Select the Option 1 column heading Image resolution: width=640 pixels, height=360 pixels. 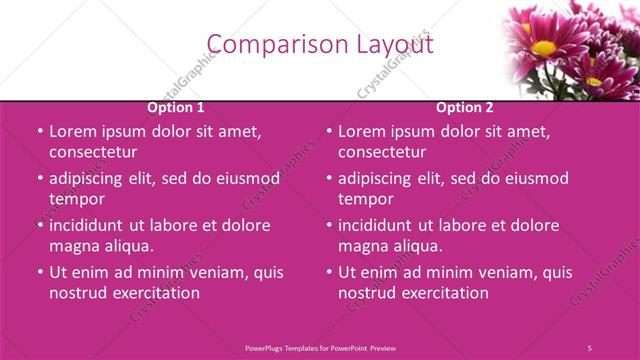tap(176, 108)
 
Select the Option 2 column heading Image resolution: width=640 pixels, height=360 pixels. tap(465, 108)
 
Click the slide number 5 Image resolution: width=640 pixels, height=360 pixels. tap(590, 347)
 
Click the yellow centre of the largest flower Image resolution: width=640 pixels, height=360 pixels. tap(543, 47)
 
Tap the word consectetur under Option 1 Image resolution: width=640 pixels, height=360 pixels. tap(93, 153)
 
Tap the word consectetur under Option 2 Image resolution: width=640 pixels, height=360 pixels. tap(382, 153)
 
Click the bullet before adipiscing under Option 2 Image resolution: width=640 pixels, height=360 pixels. tap(329, 179)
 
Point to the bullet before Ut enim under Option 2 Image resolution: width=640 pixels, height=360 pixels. tap(329, 272)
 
